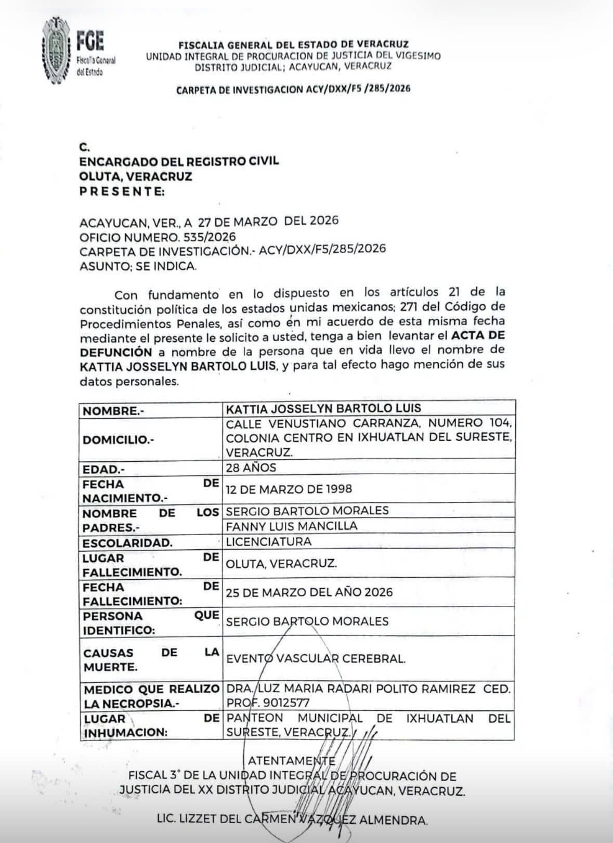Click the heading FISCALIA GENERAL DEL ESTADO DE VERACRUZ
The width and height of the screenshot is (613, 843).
pyautogui.click(x=293, y=45)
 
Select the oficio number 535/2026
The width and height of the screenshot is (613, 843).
pyautogui.click(x=213, y=237)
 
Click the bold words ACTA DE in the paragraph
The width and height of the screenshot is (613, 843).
pyautogui.click(x=477, y=335)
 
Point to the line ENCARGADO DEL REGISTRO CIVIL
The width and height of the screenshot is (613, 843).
pyautogui.click(x=179, y=161)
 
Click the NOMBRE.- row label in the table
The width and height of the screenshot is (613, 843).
pyautogui.click(x=113, y=411)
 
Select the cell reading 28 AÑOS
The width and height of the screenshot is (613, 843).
pyautogui.click(x=251, y=468)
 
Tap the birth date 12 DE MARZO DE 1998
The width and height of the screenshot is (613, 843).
pyautogui.click(x=289, y=489)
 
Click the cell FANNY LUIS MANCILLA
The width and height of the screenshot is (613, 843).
pyautogui.click(x=292, y=526)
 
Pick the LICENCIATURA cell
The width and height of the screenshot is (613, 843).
pyautogui.click(x=268, y=541)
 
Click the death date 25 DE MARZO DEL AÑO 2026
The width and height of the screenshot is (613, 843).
pyautogui.click(x=309, y=592)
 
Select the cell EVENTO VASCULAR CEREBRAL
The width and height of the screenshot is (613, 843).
pyautogui.click(x=315, y=658)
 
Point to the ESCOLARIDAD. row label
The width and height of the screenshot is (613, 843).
pyautogui.click(x=127, y=543)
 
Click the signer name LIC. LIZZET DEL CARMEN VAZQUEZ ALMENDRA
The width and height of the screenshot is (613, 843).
pyautogui.click(x=292, y=820)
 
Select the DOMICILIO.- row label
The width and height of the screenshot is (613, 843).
pyautogui.click(x=118, y=440)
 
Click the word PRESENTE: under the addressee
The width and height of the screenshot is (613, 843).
pyautogui.click(x=122, y=191)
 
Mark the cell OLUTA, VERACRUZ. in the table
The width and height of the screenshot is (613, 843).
pyautogui.click(x=281, y=563)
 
